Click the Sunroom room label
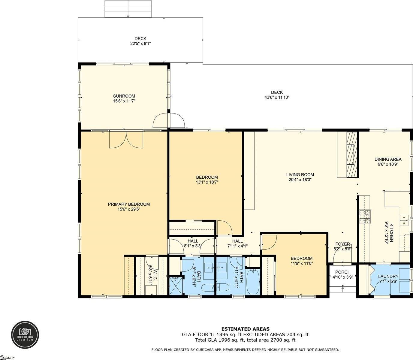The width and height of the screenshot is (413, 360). [x=124, y=96]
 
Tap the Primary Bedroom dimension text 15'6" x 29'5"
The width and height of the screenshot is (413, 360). [x=129, y=209]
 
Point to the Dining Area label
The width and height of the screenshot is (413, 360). [x=388, y=159]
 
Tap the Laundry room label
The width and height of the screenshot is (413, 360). [x=388, y=277]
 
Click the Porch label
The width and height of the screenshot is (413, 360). [x=342, y=272]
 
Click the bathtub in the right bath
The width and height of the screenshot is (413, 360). [x=253, y=282]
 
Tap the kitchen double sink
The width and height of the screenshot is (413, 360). [x=405, y=220]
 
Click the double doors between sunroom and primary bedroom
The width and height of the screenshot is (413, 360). [x=126, y=140]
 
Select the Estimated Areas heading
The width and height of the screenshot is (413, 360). [x=245, y=329]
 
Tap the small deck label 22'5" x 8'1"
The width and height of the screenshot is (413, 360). [x=140, y=43]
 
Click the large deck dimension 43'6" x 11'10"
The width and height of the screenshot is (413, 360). [x=276, y=97]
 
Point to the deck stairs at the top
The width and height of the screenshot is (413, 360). [x=128, y=9]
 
